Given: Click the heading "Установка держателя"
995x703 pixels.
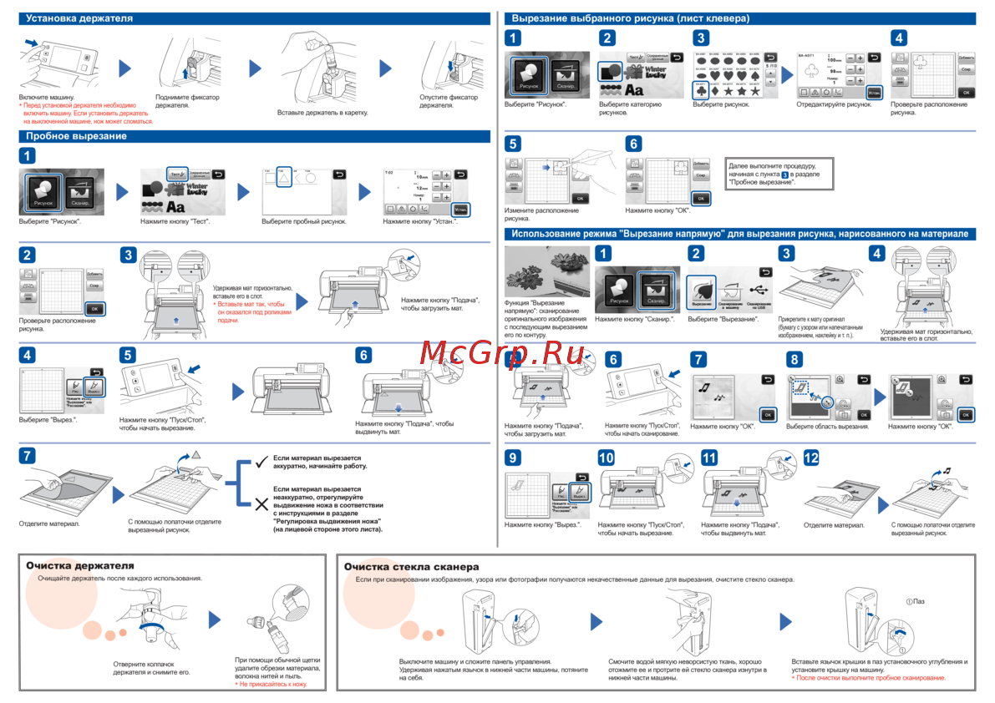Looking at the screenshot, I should click(79, 18).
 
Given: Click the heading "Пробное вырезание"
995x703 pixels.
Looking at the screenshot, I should click(76, 136).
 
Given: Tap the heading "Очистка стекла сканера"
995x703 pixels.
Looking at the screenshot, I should click(412, 567).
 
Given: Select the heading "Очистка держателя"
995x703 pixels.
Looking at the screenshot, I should click(79, 566).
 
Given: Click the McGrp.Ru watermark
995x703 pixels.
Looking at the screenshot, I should click(502, 355).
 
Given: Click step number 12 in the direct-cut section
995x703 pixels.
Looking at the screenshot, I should click(811, 458).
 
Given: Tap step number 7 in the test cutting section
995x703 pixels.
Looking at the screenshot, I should click(28, 456).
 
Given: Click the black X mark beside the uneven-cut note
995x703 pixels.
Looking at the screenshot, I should click(261, 503).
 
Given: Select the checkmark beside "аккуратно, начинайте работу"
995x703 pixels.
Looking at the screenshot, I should click(261, 462).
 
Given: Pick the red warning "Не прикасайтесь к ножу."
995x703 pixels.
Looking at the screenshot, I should click(272, 684).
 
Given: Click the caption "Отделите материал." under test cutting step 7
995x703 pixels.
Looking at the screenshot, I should click(49, 523).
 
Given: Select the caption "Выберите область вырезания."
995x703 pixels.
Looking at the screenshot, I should click(827, 427).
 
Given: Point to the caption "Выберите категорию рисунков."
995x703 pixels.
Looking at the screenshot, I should click(630, 109).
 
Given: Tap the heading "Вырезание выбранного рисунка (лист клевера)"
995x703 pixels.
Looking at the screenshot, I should click(630, 18).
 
